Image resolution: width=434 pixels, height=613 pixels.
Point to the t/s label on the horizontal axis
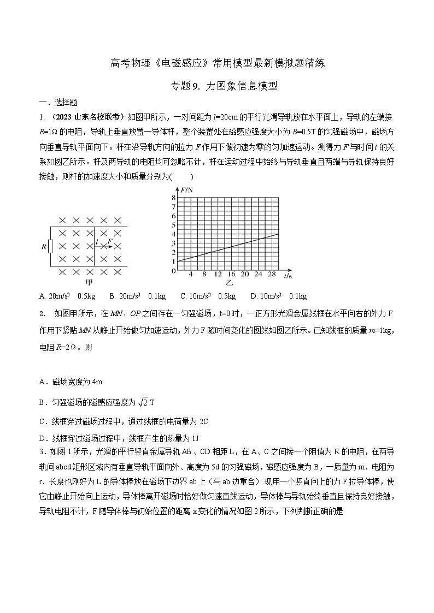288,276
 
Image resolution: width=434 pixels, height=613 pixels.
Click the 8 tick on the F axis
173,197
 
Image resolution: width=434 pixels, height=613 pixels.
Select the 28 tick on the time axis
272,275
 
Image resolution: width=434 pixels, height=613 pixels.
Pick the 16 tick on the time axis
231,275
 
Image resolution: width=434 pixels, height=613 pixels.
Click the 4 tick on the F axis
173,234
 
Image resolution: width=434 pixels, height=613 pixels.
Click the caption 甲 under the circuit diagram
90,283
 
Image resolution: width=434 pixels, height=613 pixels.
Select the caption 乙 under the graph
230,283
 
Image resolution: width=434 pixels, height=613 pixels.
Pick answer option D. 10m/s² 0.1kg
278,296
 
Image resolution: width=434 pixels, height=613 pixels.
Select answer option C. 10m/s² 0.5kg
208,296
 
